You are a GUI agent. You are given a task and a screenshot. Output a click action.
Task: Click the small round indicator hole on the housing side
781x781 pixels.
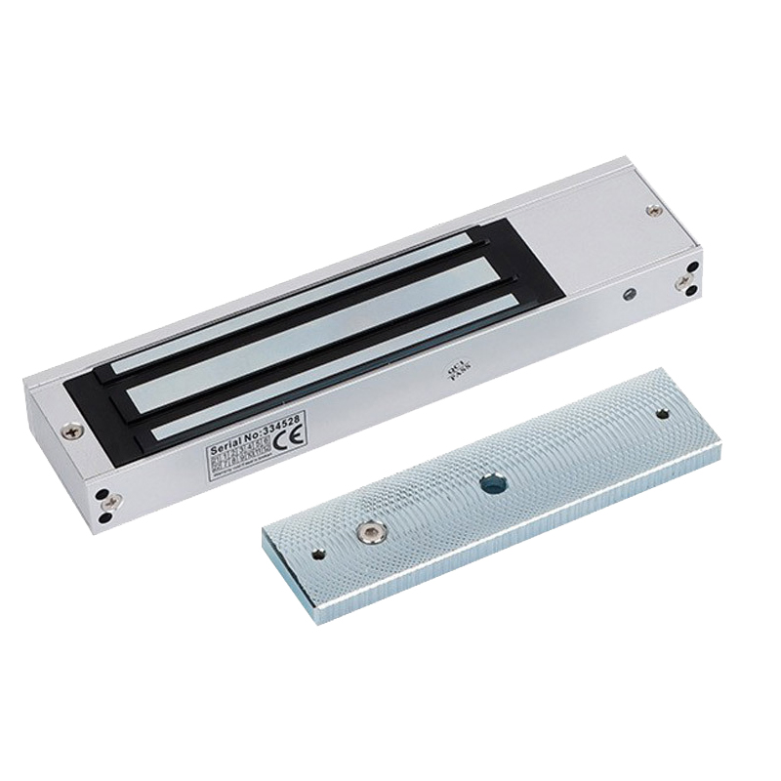point(630,294)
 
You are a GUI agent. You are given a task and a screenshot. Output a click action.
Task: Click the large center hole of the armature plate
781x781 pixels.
point(489,480)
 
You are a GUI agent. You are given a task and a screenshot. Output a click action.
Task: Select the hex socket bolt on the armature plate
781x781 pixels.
point(369,531)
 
